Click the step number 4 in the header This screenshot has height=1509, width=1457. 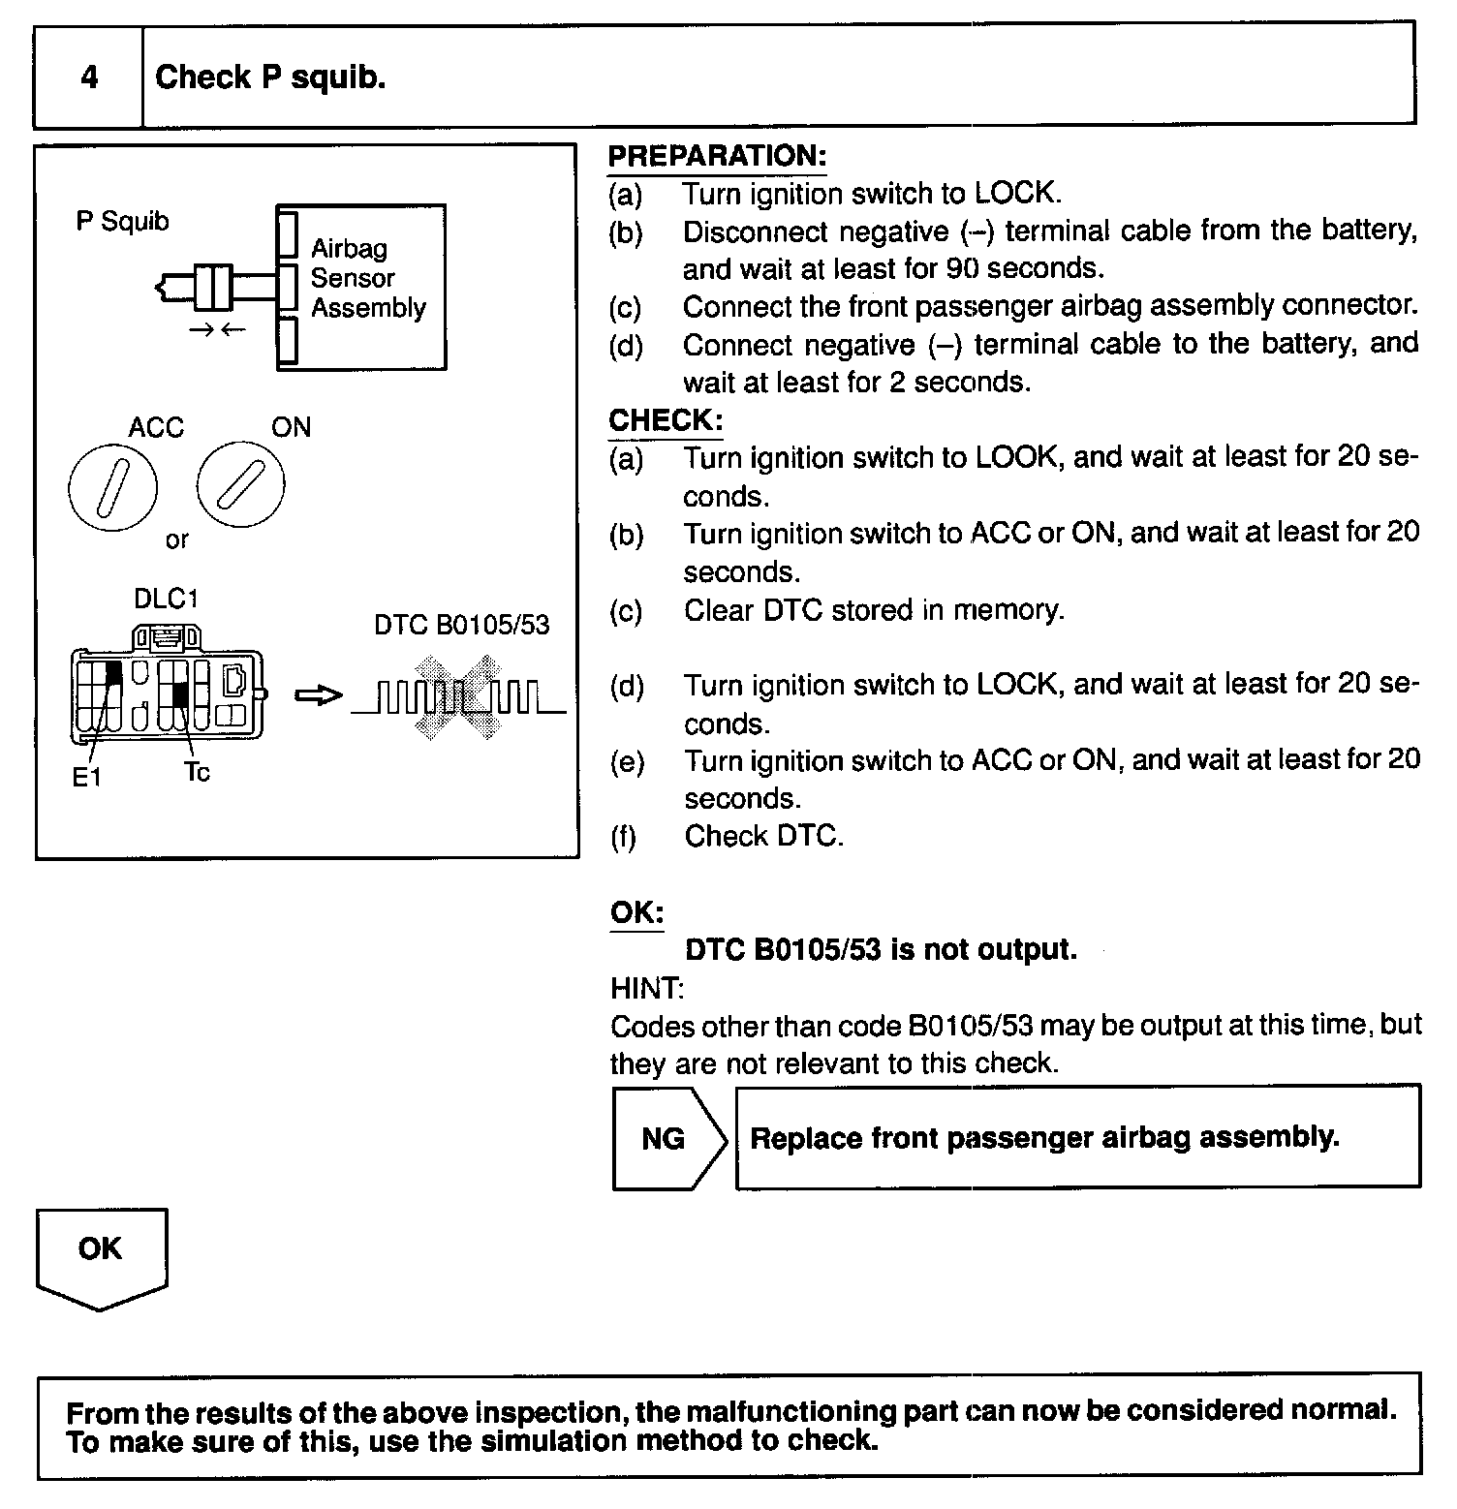(89, 77)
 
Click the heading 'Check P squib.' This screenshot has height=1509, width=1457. (270, 77)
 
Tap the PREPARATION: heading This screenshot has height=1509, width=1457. (717, 156)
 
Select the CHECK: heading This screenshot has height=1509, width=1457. (665, 420)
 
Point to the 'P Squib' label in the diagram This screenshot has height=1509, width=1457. (122, 222)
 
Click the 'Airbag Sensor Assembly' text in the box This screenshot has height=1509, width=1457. (367, 278)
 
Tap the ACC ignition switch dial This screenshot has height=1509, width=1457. (112, 486)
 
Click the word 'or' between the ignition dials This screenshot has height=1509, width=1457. (176, 540)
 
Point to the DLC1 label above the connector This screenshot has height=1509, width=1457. (166, 600)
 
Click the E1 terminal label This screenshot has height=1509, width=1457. (86, 777)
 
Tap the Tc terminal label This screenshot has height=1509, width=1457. (197, 773)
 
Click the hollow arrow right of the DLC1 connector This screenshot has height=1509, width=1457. (318, 695)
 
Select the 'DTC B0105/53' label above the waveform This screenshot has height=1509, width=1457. (461, 625)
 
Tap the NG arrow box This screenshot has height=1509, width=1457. (667, 1138)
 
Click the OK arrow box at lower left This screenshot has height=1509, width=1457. (101, 1254)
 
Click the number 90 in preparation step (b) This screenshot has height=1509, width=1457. (962, 268)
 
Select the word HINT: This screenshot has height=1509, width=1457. (647, 989)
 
